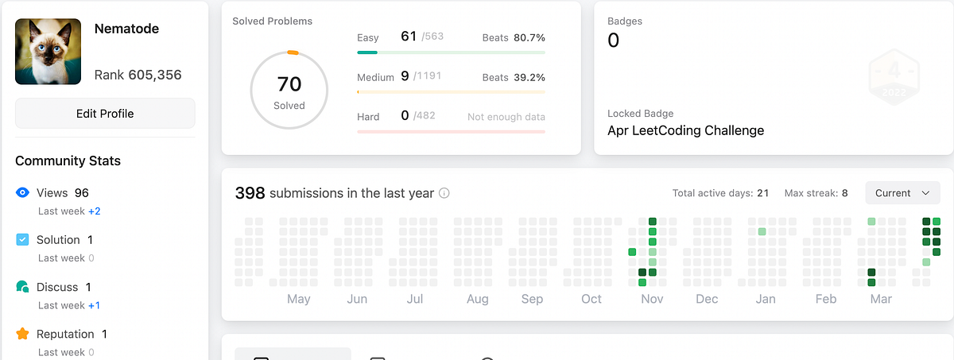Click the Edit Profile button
click(x=105, y=114)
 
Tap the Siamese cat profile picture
click(x=48, y=52)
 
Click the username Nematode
click(x=126, y=29)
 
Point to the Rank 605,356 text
click(x=138, y=75)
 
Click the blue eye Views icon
click(x=23, y=192)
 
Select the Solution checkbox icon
click(x=23, y=239)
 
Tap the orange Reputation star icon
click(x=23, y=334)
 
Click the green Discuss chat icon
click(x=23, y=287)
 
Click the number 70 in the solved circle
click(x=289, y=84)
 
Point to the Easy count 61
click(x=409, y=37)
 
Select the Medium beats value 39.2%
click(x=529, y=77)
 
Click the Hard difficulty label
click(x=368, y=117)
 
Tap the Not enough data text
click(x=506, y=117)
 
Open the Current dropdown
click(x=902, y=193)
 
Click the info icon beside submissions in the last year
click(x=444, y=193)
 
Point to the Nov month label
click(x=652, y=299)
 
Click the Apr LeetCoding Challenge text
click(x=685, y=130)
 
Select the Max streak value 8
click(x=845, y=193)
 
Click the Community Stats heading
click(x=68, y=161)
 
